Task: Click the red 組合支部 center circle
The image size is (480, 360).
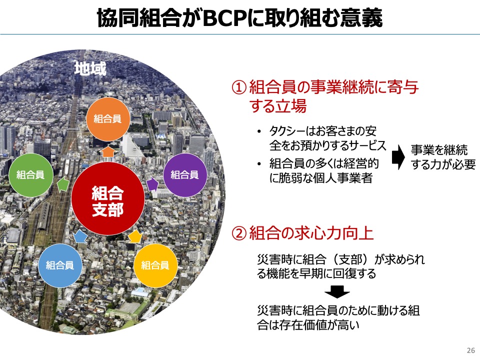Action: click(108, 198)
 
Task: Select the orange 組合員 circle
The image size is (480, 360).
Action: click(108, 119)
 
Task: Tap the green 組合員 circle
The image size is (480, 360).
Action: click(30, 175)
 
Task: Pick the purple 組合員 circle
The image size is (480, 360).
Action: click(185, 175)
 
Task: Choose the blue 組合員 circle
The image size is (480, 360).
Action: click(60, 265)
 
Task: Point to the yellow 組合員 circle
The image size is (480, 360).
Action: click(155, 265)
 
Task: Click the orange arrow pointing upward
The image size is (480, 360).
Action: click(108, 151)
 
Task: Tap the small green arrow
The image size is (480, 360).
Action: click(63, 184)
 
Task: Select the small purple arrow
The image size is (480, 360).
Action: click(152, 184)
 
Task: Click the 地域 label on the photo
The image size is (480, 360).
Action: click(90, 68)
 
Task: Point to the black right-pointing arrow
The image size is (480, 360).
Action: click(398, 156)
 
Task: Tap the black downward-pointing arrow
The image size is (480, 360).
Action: click(337, 291)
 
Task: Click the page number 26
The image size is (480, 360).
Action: click(471, 350)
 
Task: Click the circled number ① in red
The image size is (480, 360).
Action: click(239, 87)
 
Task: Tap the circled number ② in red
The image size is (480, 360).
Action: click(239, 233)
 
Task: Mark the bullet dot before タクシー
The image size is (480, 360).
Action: click(259, 132)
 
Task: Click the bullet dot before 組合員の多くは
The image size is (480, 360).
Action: click(259, 164)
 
